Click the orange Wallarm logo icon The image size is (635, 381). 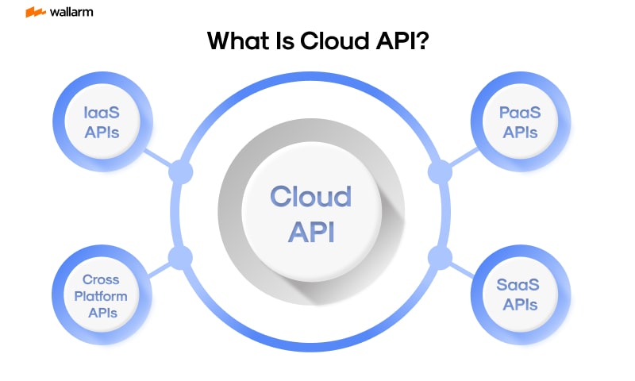click(34, 12)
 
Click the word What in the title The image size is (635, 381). click(233, 41)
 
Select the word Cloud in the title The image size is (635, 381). click(329, 41)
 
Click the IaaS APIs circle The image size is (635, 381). click(102, 122)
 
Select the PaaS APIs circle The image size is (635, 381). click(519, 122)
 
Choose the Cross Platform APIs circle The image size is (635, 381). click(101, 294)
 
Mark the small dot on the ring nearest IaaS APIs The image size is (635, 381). click(181, 171)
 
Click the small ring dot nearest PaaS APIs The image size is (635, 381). click(439, 171)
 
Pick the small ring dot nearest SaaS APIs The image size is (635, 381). click(439, 258)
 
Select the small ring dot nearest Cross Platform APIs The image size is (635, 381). click(181, 258)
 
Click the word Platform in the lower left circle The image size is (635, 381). click(101, 295)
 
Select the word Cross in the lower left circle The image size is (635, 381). click(101, 279)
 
